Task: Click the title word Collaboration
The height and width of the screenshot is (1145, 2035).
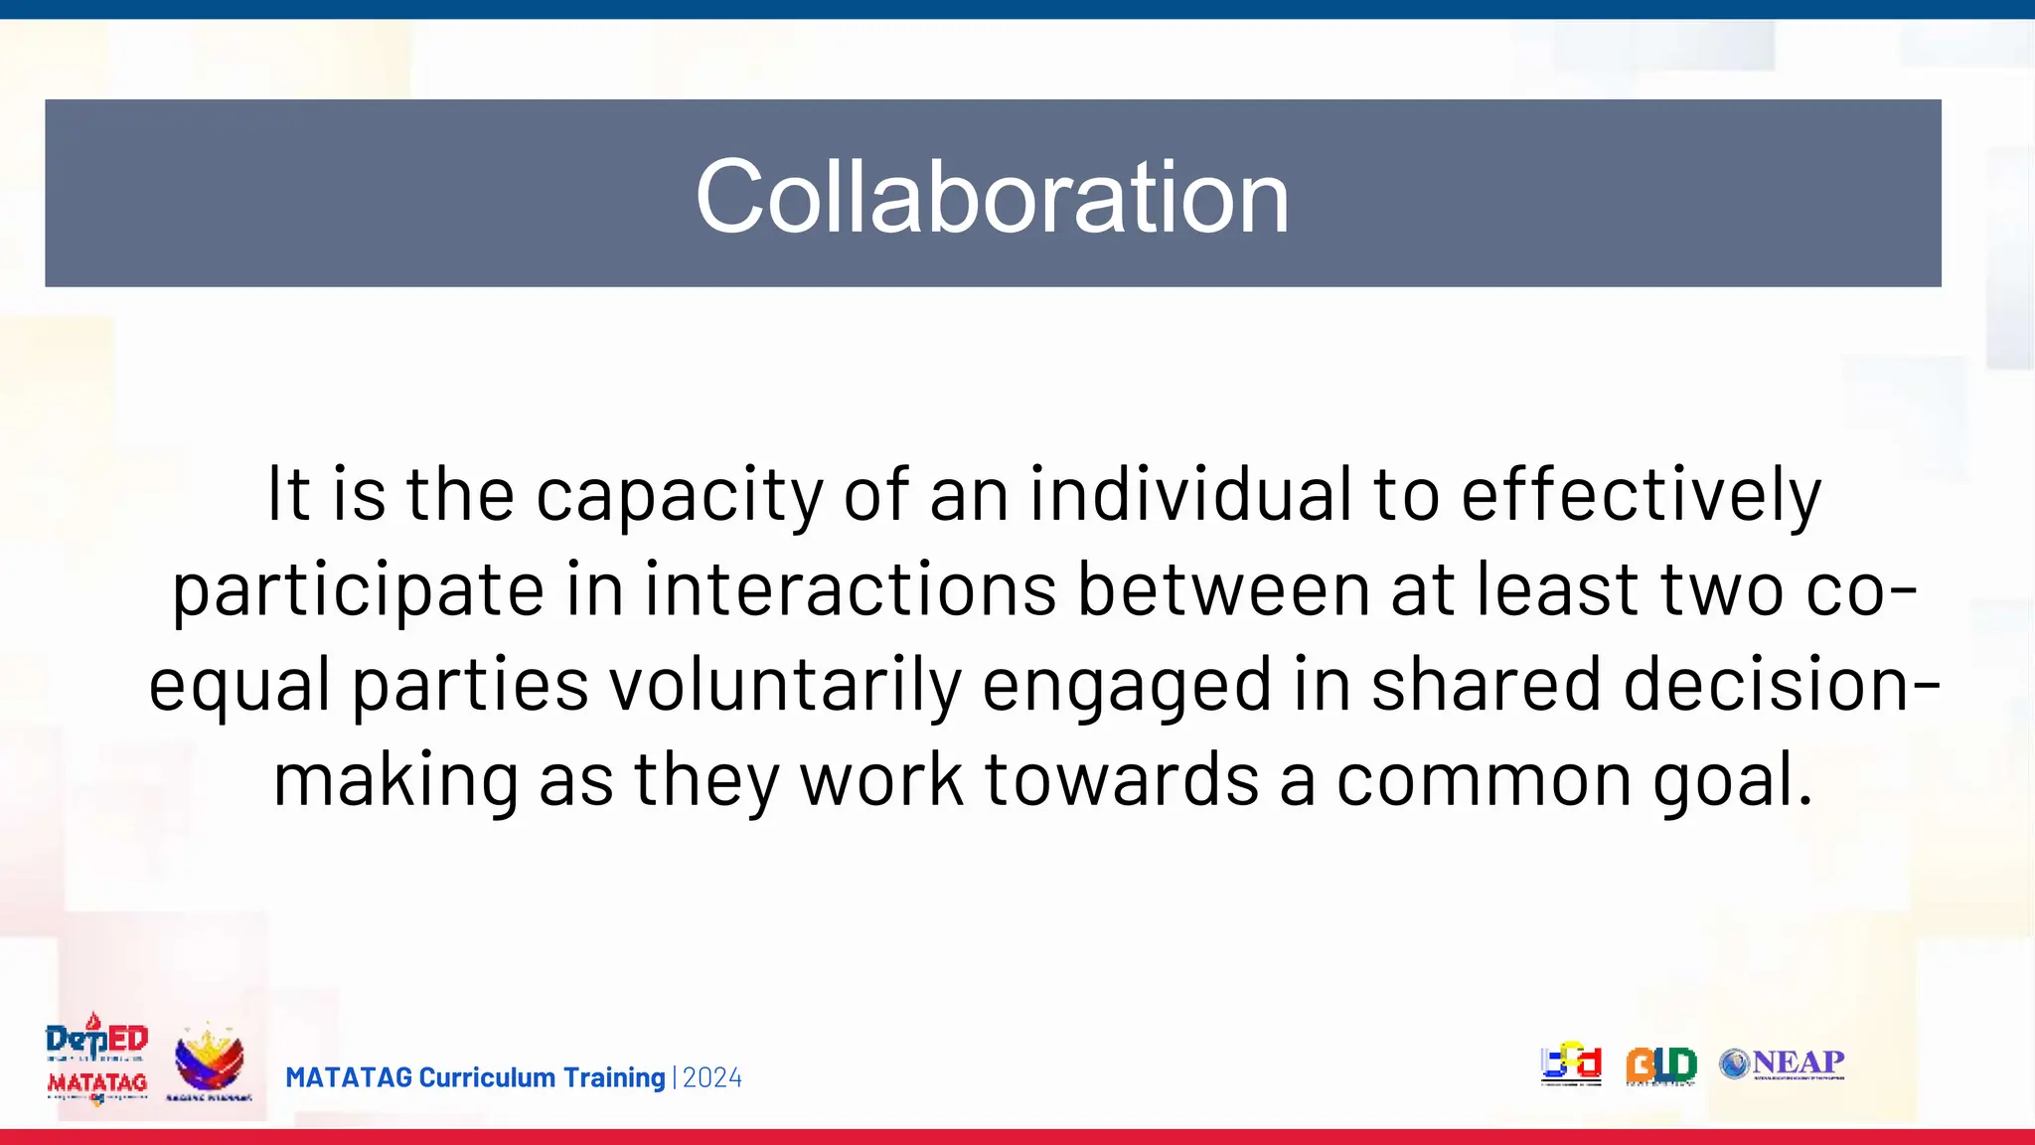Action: [x=992, y=196]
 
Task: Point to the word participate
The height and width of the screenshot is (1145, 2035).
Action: [x=358, y=590]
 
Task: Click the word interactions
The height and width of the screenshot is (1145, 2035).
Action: [x=850, y=588]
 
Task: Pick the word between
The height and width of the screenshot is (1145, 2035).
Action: [x=1223, y=588]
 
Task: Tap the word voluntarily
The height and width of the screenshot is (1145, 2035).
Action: [x=785, y=684]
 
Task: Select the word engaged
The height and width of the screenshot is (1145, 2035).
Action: [x=1126, y=686]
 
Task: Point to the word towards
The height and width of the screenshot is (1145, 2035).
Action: [x=1122, y=779]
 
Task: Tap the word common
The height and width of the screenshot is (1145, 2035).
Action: [x=1484, y=779]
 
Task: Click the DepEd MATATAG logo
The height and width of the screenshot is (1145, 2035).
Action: [x=96, y=1060]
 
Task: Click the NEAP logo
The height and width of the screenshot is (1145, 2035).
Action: [x=1783, y=1063]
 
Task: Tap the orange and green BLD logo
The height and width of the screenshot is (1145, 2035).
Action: [x=1660, y=1065]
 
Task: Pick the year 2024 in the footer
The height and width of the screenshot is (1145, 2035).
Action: [x=712, y=1078]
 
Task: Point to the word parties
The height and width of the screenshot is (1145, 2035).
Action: [x=470, y=686]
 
